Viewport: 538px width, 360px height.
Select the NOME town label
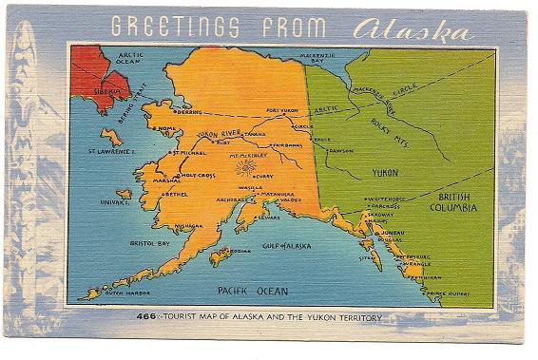(x=167, y=128)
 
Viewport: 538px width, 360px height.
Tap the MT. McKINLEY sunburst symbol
(x=246, y=166)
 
